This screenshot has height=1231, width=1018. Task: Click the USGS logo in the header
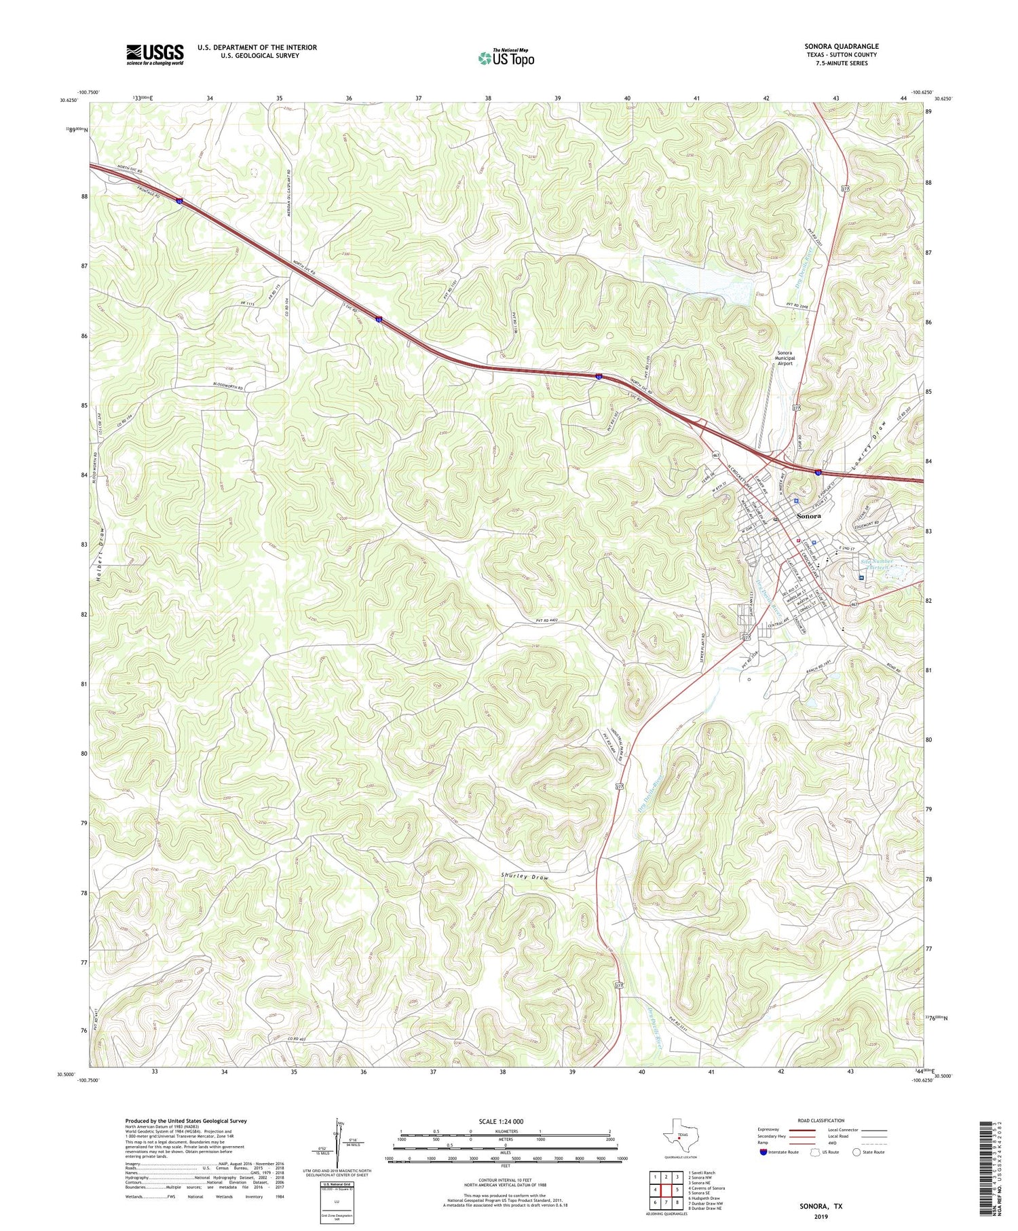(155, 54)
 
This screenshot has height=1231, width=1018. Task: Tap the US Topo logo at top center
(506, 58)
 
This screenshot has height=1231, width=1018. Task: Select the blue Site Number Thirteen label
(877, 565)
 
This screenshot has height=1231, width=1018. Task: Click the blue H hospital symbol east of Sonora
(861, 578)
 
